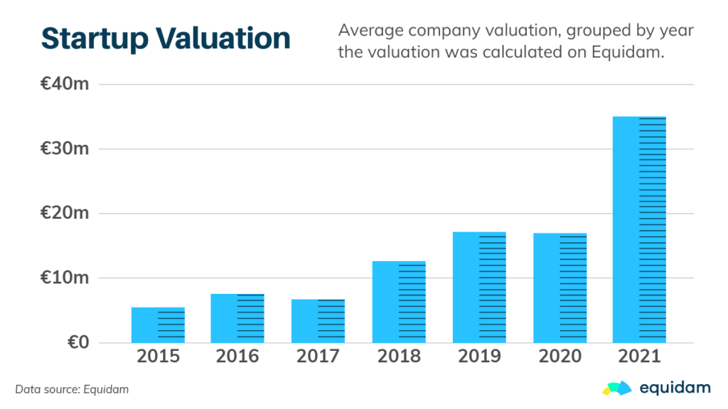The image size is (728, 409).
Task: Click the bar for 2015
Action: (x=158, y=325)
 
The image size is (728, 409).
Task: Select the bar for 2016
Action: (x=237, y=318)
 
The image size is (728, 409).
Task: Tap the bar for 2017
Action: (x=318, y=321)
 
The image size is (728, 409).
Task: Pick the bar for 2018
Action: (x=399, y=302)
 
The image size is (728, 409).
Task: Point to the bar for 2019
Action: (x=479, y=288)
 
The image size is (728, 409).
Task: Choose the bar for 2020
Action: (x=560, y=288)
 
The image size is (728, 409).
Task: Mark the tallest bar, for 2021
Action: (x=640, y=229)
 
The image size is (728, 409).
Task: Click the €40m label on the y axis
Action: (x=65, y=84)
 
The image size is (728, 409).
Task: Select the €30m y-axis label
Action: (x=65, y=149)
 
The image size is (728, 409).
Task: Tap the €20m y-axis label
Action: (x=65, y=214)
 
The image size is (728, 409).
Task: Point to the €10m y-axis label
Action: (x=65, y=278)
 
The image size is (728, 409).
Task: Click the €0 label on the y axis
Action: (x=78, y=342)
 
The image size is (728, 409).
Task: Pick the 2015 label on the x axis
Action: (x=158, y=356)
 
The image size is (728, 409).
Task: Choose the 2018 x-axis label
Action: (x=399, y=356)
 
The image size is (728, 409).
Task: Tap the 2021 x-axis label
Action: (x=640, y=356)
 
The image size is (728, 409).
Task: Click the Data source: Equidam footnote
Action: (x=72, y=389)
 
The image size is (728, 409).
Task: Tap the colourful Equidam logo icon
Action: (x=616, y=387)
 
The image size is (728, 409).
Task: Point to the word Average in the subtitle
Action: (x=369, y=31)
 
